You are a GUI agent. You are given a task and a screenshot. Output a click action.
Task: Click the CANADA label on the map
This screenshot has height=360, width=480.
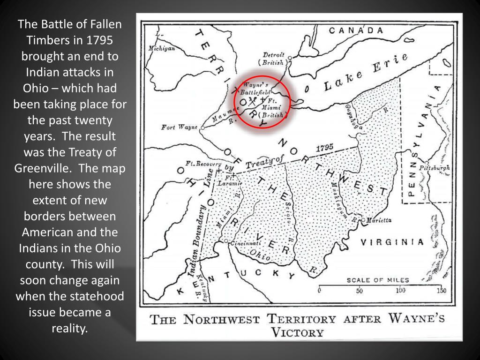(359, 30)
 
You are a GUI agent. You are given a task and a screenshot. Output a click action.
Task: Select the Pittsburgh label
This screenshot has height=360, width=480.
(434, 167)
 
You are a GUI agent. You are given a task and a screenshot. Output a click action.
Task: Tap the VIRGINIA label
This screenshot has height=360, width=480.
(392, 242)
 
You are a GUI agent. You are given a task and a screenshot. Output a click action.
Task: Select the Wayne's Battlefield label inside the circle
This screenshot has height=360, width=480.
(255, 89)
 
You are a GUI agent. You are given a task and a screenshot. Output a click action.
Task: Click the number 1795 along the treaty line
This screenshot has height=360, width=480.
(324, 148)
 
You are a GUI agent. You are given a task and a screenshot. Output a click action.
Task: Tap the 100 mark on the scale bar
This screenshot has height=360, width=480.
(399, 291)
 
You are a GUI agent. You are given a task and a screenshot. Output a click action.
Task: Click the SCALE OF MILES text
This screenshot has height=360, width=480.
(377, 280)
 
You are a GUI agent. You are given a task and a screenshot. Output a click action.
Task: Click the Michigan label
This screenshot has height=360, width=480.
(161, 48)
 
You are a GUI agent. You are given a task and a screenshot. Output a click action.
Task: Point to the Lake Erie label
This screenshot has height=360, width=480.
(364, 74)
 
